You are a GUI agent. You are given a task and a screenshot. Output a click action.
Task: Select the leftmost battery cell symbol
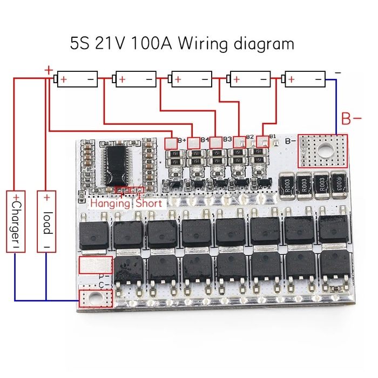coord(77,80)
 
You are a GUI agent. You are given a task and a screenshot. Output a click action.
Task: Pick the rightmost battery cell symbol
coord(306,80)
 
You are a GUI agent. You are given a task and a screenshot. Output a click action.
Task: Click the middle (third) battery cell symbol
coord(191,80)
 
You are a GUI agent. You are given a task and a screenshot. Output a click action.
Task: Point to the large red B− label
coord(351,118)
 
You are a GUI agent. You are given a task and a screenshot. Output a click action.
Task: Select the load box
coord(47,221)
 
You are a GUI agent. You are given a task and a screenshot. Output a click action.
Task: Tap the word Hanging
coord(110,204)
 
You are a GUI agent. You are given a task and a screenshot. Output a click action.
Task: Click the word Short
coord(148,204)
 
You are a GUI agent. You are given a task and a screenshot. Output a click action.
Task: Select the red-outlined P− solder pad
coord(95,266)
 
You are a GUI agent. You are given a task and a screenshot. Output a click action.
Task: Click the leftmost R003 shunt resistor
coord(287,183)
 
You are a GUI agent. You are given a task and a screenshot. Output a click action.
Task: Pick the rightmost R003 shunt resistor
coord(339,183)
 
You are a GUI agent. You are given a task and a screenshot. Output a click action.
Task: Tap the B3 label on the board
coord(227,139)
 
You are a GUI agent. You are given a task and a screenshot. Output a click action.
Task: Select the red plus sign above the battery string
coord(49,70)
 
